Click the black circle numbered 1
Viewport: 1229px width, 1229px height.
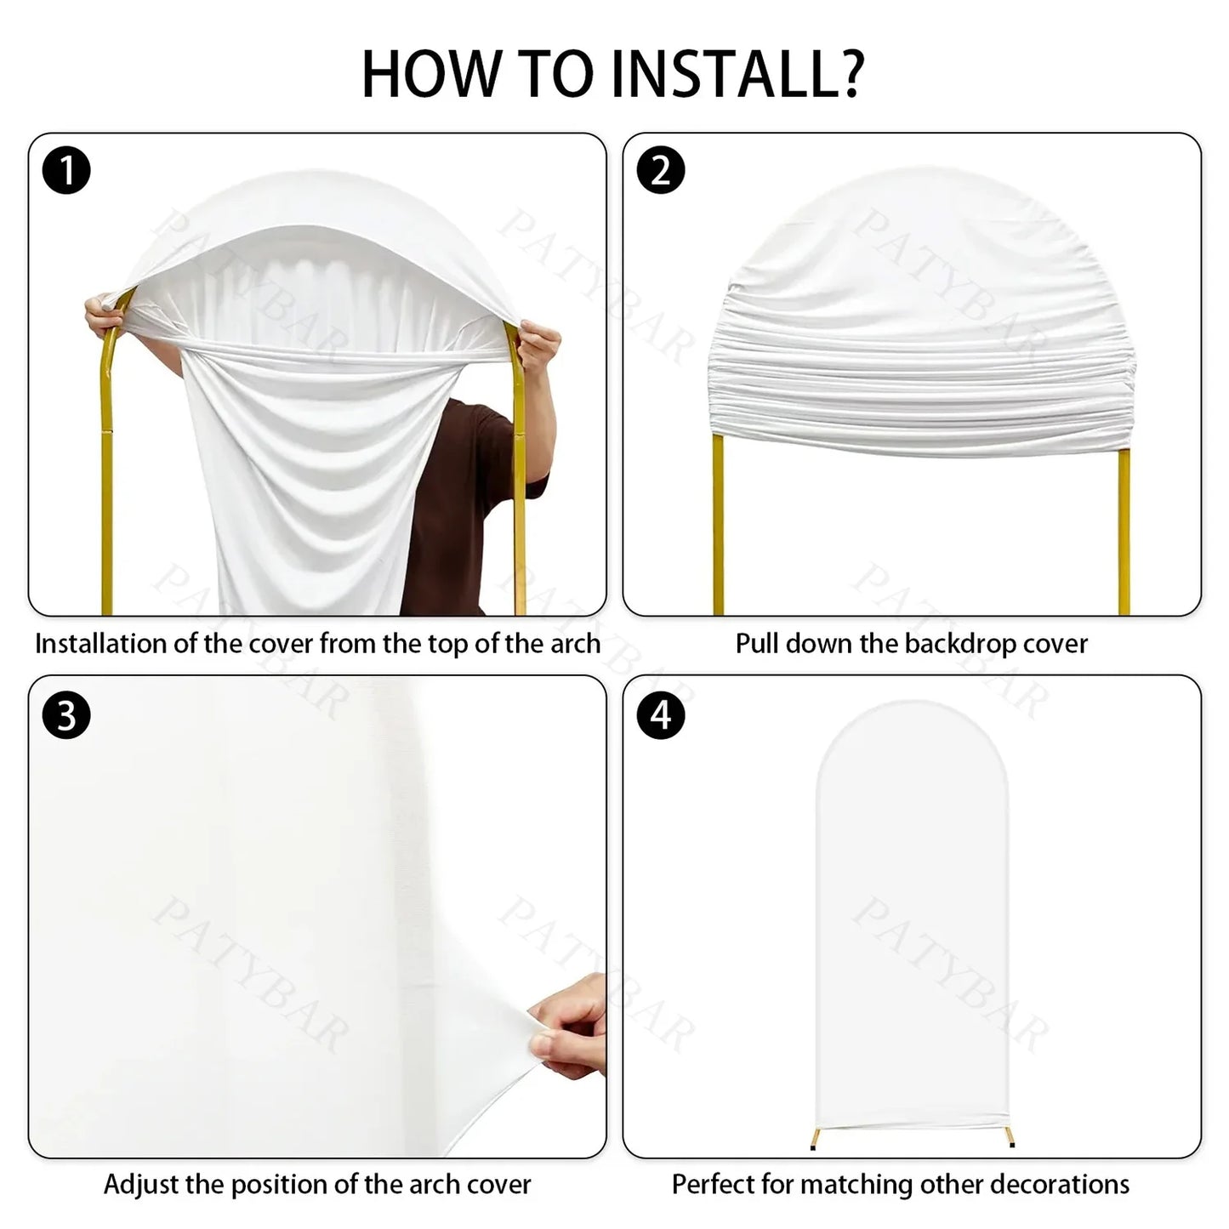(66, 170)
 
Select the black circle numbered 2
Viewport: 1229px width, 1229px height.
(661, 170)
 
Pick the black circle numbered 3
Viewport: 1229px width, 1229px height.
(66, 715)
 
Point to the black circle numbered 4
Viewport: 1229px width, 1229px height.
(661, 715)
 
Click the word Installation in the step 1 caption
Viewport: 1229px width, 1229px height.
(100, 644)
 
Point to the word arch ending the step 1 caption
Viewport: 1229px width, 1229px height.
(575, 644)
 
